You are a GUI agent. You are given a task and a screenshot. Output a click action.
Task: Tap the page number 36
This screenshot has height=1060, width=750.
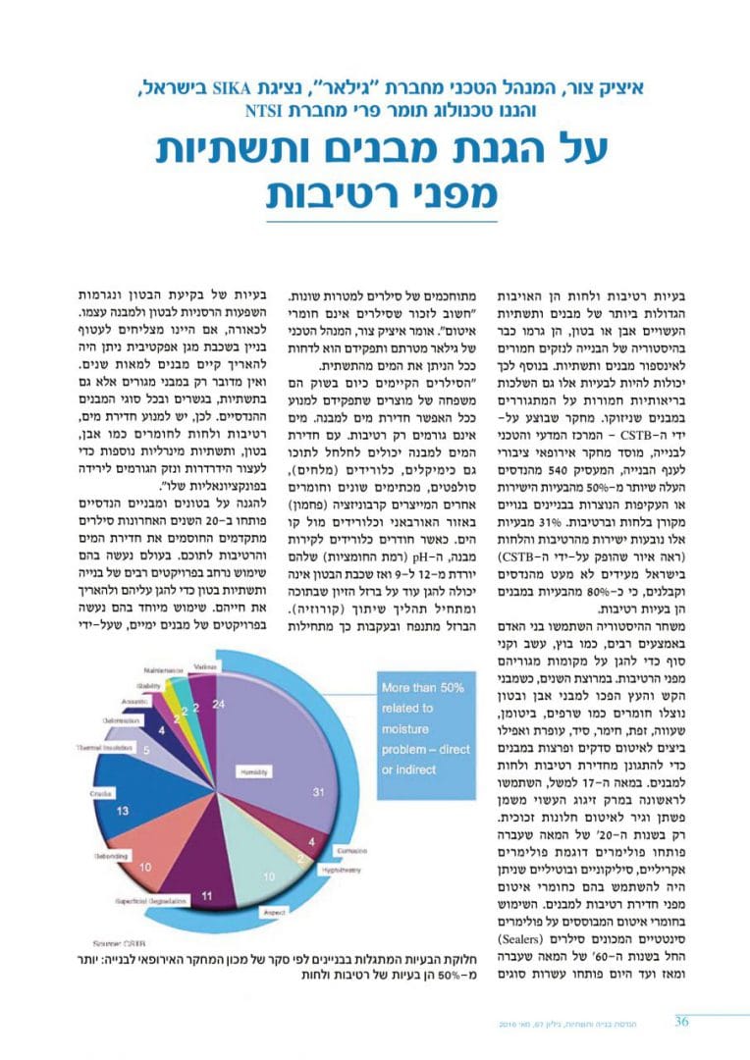point(681,1021)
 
